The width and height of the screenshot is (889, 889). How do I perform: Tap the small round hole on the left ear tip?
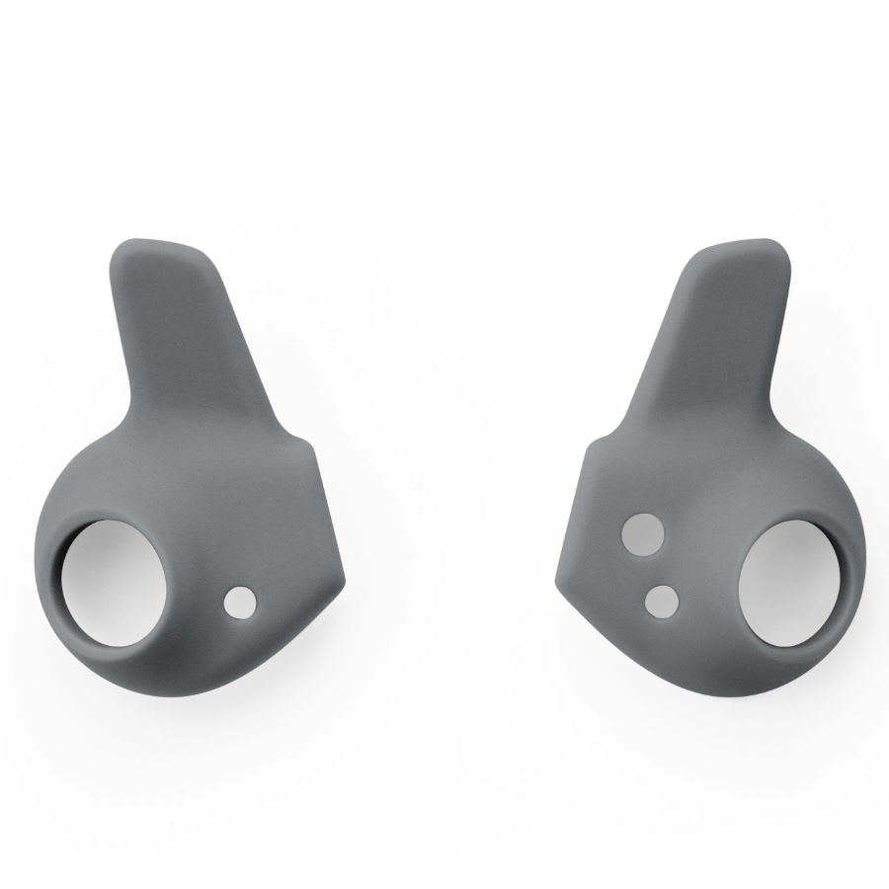[240, 603]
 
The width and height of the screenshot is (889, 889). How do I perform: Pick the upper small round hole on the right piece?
[642, 533]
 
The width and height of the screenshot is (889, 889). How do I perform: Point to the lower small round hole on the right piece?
[661, 600]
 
